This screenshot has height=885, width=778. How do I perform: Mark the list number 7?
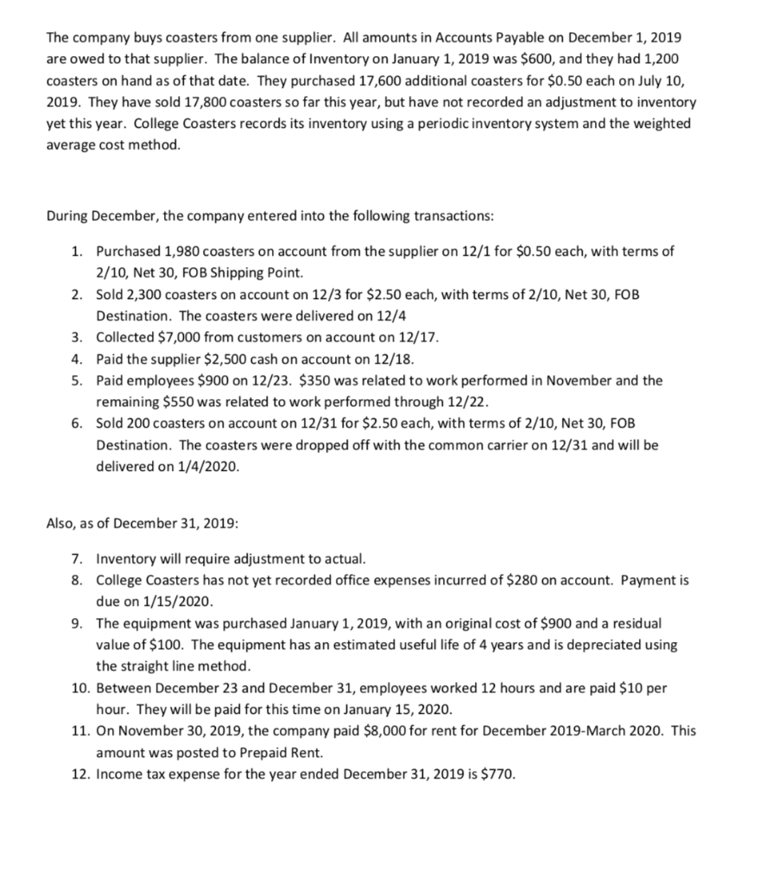[78, 557]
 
